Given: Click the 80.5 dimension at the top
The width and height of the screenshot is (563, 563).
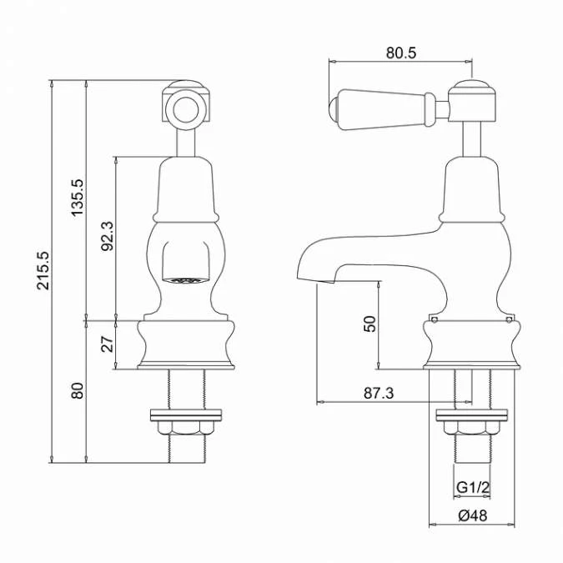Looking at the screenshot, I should coord(400,53).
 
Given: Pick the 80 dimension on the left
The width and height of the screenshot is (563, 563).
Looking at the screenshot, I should coord(78,390).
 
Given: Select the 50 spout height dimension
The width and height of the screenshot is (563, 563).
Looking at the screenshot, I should coord(369,323).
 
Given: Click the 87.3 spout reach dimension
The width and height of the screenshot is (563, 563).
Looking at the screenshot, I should coord(377,393).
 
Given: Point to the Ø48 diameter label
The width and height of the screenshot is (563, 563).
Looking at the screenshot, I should coord(472,515).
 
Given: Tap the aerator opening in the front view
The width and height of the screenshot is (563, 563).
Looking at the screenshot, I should coord(186,279).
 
